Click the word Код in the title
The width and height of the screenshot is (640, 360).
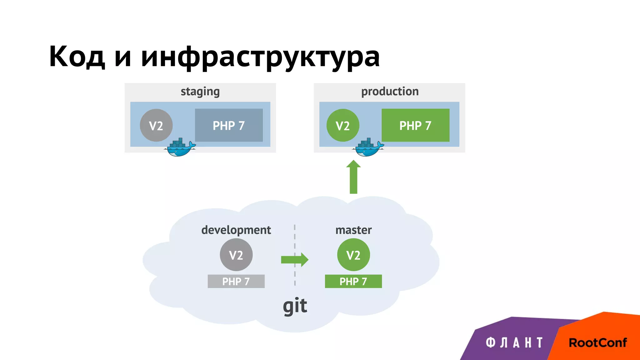(x=77, y=57)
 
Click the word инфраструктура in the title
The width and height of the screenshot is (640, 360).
(x=260, y=57)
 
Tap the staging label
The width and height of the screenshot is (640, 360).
(x=200, y=92)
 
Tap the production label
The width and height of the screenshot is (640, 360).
(x=390, y=92)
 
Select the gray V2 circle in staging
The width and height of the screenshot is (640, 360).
(x=156, y=125)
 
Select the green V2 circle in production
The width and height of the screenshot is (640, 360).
(x=342, y=125)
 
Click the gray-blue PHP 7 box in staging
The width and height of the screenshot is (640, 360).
(x=229, y=125)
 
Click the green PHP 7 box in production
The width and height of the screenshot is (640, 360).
(x=415, y=125)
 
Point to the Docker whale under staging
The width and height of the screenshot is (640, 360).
(x=179, y=148)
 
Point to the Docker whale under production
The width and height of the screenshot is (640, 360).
(x=368, y=148)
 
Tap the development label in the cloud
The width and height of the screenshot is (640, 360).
(x=236, y=230)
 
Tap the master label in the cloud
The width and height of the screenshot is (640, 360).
(x=353, y=230)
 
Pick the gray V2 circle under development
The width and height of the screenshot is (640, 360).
(x=236, y=255)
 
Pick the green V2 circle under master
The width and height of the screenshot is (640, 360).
(x=353, y=255)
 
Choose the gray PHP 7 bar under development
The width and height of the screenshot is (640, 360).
(x=236, y=281)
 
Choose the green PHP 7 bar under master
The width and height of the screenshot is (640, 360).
(x=353, y=281)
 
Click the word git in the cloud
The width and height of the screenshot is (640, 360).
(x=295, y=306)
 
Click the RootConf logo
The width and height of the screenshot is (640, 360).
(x=597, y=343)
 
